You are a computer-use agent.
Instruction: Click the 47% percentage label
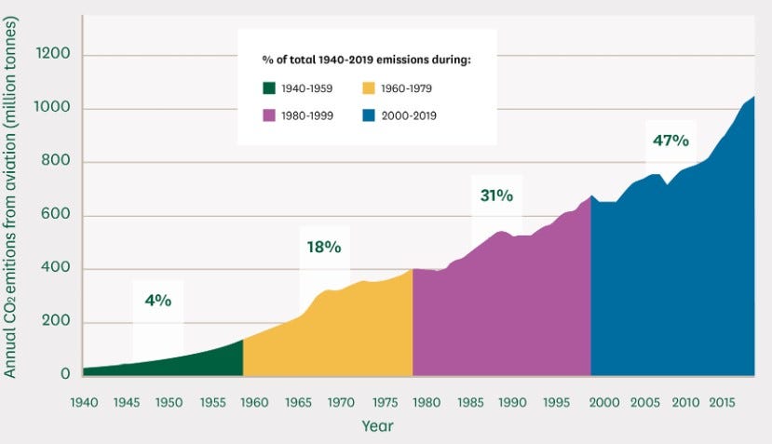[670, 141]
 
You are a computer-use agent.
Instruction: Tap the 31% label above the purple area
[496, 195]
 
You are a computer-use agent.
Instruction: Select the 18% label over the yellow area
[324, 248]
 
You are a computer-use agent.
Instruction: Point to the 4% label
[157, 301]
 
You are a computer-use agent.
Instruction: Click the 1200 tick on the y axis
[52, 55]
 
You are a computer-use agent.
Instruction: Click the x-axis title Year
[377, 426]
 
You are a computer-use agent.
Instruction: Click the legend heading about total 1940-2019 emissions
[367, 61]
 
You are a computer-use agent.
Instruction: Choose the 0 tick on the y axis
[65, 374]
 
